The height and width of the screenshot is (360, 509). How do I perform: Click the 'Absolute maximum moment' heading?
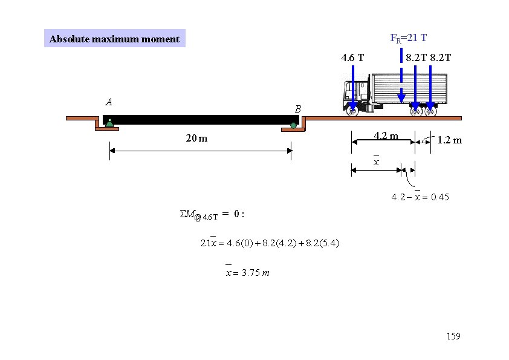(114, 39)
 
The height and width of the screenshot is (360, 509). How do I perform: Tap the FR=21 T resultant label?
(409, 38)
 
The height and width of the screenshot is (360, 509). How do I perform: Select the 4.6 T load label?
(352, 58)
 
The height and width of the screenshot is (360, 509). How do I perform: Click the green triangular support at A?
(110, 123)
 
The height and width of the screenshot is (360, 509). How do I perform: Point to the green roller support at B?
(293, 125)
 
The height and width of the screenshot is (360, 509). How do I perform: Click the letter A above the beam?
(109, 102)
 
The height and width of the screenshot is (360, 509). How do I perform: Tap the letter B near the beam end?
(297, 109)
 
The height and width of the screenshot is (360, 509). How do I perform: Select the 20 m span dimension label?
(196, 139)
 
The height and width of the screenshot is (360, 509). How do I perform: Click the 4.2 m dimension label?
(386, 136)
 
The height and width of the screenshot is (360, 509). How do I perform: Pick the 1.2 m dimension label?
(450, 140)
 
